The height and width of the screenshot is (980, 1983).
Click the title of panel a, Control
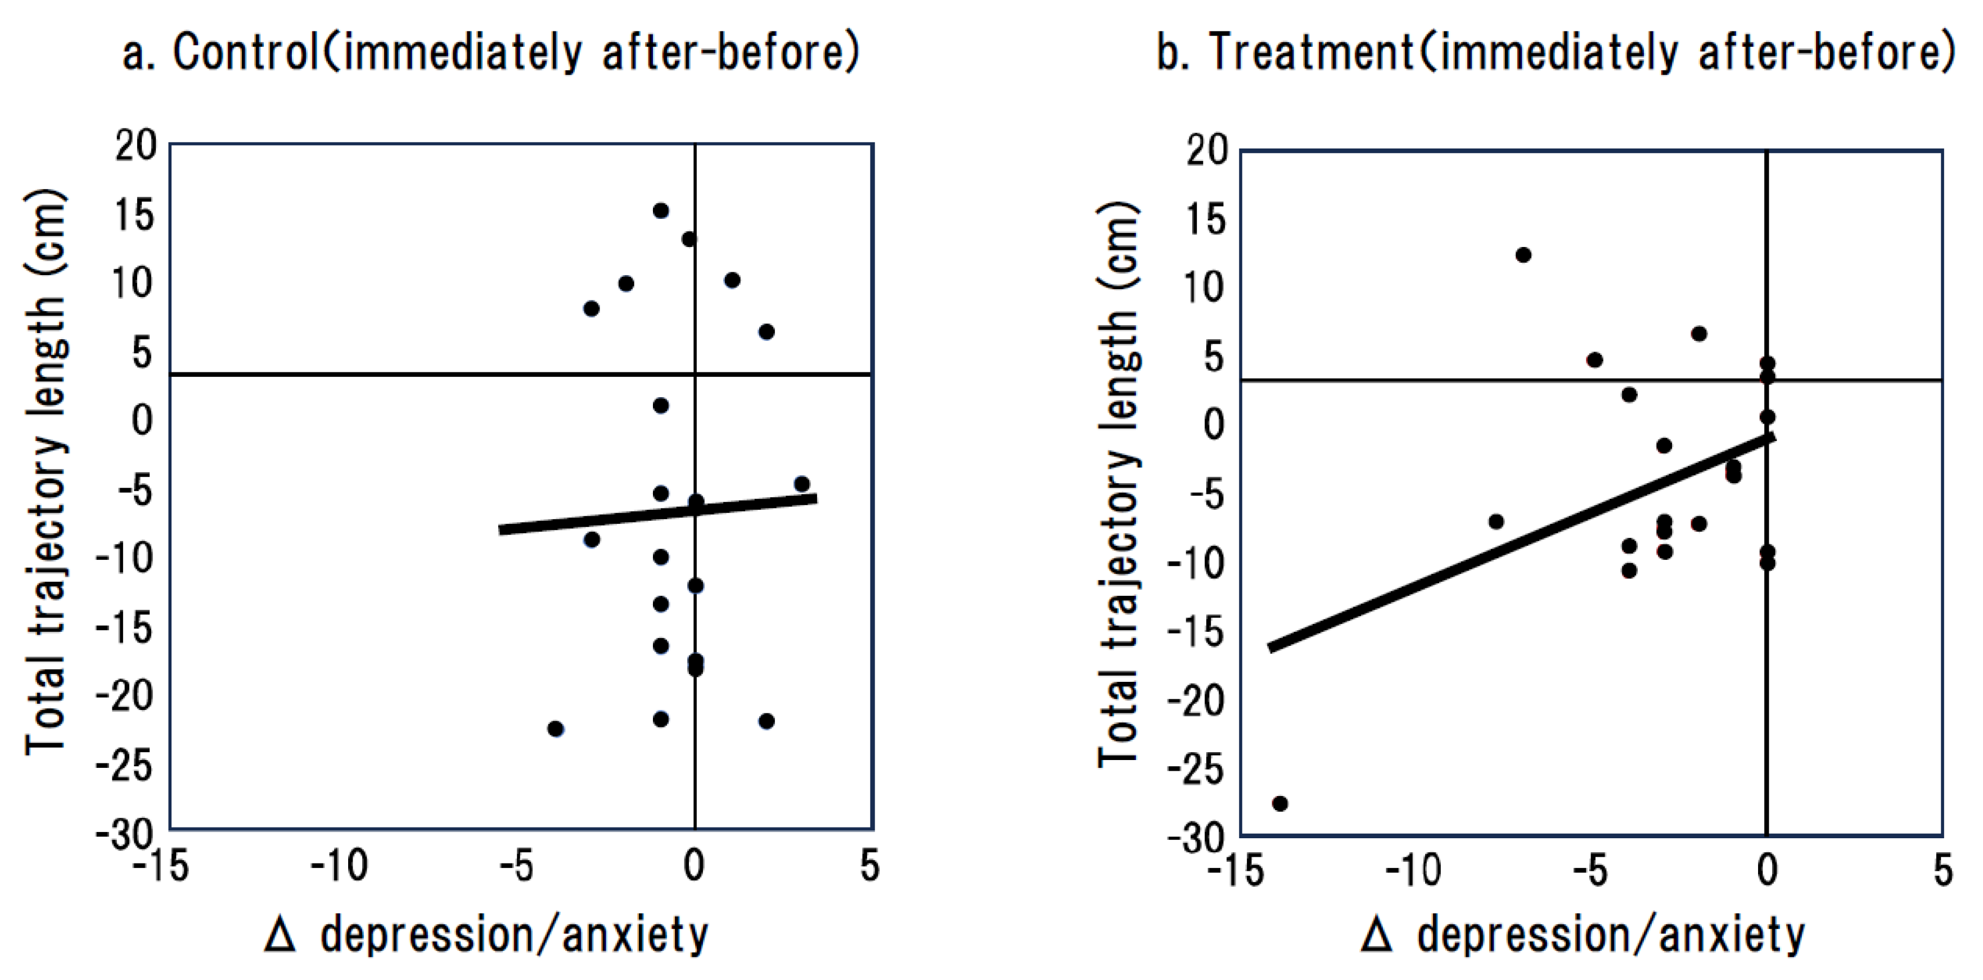point(491,52)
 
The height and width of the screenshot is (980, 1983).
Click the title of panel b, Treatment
point(1556,52)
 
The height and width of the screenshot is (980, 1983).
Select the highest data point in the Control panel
point(660,210)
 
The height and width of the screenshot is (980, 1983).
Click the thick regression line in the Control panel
point(658,514)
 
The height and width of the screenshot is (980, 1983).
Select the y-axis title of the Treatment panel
point(1117,483)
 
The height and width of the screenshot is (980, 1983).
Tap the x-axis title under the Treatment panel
point(1583,936)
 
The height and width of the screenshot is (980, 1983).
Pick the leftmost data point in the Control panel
point(555,729)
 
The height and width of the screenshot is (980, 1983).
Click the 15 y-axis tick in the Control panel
point(134,215)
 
